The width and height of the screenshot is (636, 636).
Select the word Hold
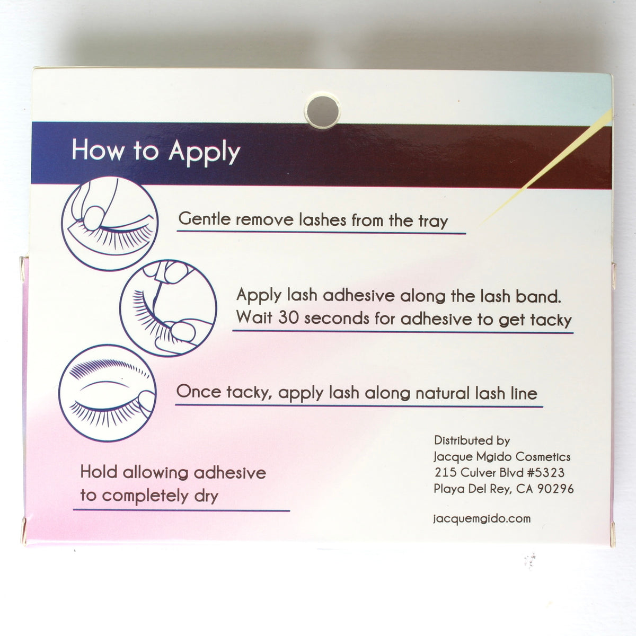click(x=99, y=472)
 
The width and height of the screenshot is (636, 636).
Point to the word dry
click(x=206, y=497)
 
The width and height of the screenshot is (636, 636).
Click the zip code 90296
click(x=555, y=489)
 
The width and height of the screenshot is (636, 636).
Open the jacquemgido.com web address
click(x=482, y=518)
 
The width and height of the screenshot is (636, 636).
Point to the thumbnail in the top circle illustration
click(x=93, y=217)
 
